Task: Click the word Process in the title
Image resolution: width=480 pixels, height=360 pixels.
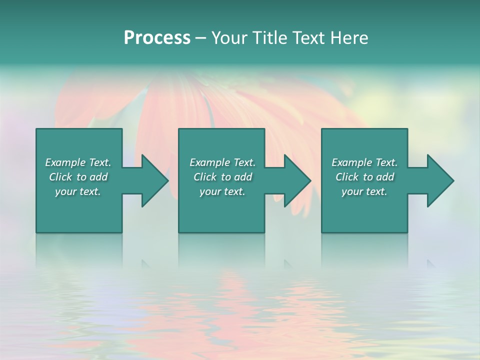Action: (x=157, y=38)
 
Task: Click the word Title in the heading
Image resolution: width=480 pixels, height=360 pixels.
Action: (x=269, y=38)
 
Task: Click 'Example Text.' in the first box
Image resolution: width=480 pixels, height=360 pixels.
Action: (x=78, y=162)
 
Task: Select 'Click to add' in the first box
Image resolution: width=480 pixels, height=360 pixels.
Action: (x=78, y=177)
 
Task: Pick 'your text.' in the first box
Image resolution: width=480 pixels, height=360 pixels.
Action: (x=78, y=191)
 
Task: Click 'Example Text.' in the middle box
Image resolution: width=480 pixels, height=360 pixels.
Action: (x=222, y=162)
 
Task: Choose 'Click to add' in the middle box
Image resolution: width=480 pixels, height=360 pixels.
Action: (x=222, y=177)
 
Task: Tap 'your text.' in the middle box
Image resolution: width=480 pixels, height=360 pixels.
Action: (x=222, y=191)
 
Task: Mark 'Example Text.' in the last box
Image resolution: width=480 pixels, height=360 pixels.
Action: (x=364, y=162)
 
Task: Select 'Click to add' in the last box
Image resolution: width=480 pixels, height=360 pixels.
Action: (x=364, y=177)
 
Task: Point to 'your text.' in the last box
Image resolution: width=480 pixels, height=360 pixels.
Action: (x=364, y=191)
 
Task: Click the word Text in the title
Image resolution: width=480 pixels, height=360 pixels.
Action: (x=306, y=38)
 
